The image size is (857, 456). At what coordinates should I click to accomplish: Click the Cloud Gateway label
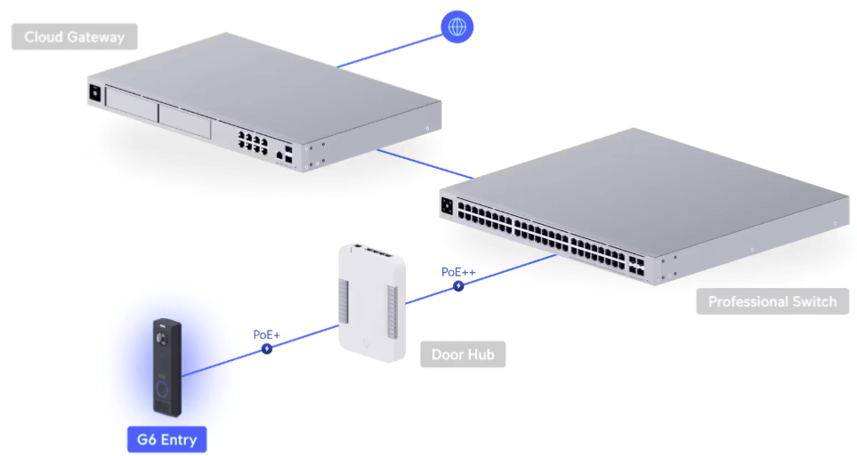pos(75,36)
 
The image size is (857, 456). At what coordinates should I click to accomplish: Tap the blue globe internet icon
pos(457,27)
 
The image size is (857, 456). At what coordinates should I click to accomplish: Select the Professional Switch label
pos(772,301)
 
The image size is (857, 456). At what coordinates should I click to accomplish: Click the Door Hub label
pos(463,355)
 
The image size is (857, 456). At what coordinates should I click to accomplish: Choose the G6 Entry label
pos(166,440)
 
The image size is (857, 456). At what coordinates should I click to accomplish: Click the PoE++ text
pos(458,271)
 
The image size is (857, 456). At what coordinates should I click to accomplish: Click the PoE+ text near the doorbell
pos(266,334)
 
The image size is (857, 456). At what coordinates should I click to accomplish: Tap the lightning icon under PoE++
pos(458,285)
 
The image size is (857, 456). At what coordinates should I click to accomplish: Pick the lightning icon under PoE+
pos(267,348)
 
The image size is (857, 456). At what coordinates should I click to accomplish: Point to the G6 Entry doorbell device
pos(166,367)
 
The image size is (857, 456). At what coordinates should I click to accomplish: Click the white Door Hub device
pos(372,302)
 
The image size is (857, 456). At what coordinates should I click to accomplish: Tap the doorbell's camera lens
pos(162,339)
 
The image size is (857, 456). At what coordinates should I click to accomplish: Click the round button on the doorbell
pos(162,389)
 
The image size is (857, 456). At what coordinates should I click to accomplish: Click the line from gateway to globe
pos(390,52)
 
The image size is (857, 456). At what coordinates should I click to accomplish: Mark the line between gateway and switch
pos(425,164)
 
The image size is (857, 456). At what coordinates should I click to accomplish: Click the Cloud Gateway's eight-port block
pos(253,142)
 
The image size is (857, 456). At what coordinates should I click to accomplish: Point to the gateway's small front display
pos(95,92)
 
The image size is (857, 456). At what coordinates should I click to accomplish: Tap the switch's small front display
pos(447,206)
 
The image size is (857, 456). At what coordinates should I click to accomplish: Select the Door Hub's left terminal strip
pos(344,301)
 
